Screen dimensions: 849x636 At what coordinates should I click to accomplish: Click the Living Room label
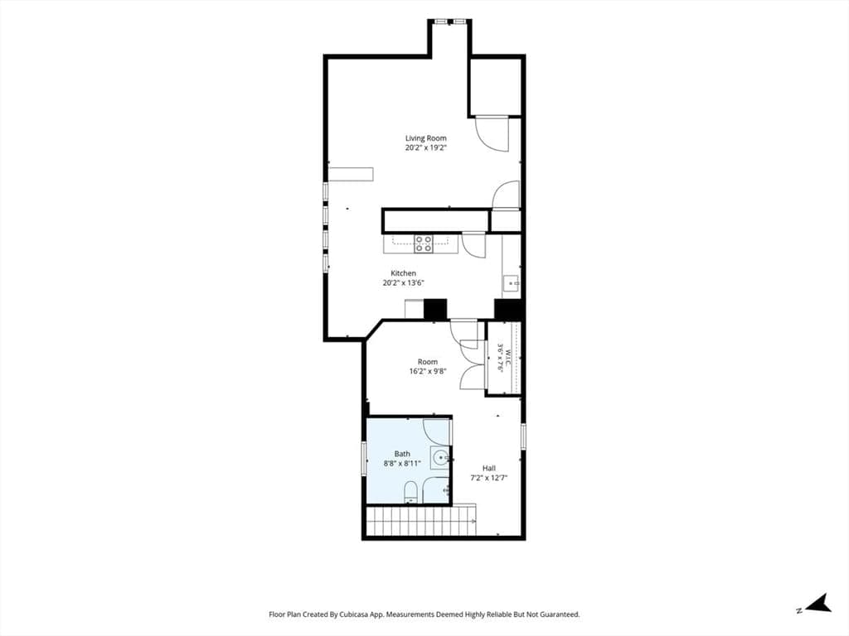point(425,138)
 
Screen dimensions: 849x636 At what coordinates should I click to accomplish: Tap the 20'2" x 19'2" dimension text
point(425,147)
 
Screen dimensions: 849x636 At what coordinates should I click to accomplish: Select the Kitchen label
point(404,273)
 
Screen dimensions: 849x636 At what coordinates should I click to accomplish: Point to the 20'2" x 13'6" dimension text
point(404,282)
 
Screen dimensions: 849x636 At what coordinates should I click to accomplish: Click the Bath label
point(402,454)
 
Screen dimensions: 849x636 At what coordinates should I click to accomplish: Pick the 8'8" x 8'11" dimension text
point(402,463)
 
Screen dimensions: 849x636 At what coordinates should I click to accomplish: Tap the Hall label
point(489,469)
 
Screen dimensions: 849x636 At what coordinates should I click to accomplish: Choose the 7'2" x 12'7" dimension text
point(489,478)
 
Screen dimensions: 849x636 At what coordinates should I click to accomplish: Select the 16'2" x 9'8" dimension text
point(428,371)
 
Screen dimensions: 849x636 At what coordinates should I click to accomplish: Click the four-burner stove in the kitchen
point(424,244)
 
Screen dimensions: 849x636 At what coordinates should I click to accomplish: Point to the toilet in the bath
point(410,492)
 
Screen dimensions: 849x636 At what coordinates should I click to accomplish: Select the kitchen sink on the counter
point(511,283)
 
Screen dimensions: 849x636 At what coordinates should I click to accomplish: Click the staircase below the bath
point(421,520)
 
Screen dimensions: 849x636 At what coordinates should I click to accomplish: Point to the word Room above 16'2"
point(428,362)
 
